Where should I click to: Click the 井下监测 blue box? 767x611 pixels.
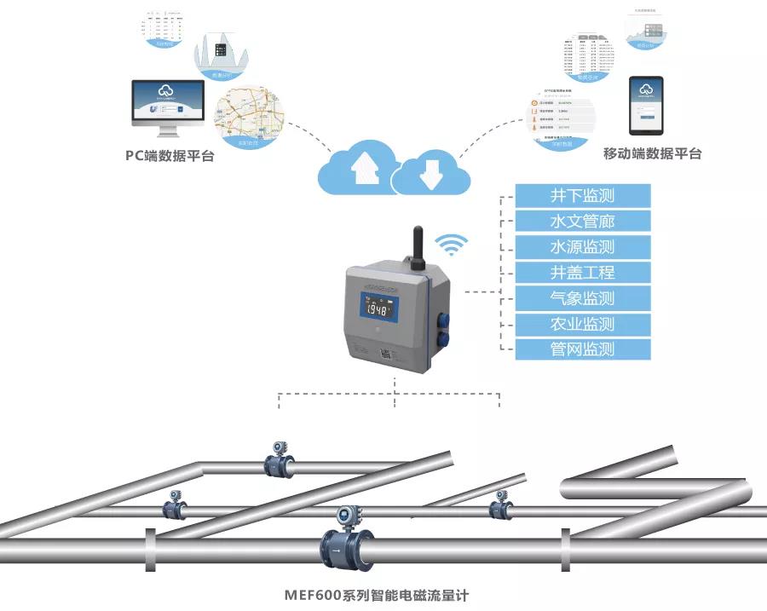click(x=582, y=196)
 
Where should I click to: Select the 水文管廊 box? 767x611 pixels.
click(x=582, y=222)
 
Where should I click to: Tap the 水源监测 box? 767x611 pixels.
click(x=582, y=247)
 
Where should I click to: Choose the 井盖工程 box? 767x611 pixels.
click(x=582, y=273)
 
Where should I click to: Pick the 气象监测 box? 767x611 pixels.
click(x=582, y=298)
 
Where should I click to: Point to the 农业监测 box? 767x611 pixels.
click(x=582, y=324)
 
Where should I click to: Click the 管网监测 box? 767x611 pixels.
click(x=582, y=349)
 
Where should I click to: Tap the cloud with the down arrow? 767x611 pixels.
click(x=430, y=171)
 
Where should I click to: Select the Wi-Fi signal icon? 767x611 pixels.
click(x=452, y=245)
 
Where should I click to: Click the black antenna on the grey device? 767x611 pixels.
click(x=418, y=246)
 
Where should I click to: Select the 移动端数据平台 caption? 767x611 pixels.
click(x=652, y=154)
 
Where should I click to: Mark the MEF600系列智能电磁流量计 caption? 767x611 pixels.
click(x=377, y=595)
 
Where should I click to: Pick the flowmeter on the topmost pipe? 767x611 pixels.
click(x=279, y=461)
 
